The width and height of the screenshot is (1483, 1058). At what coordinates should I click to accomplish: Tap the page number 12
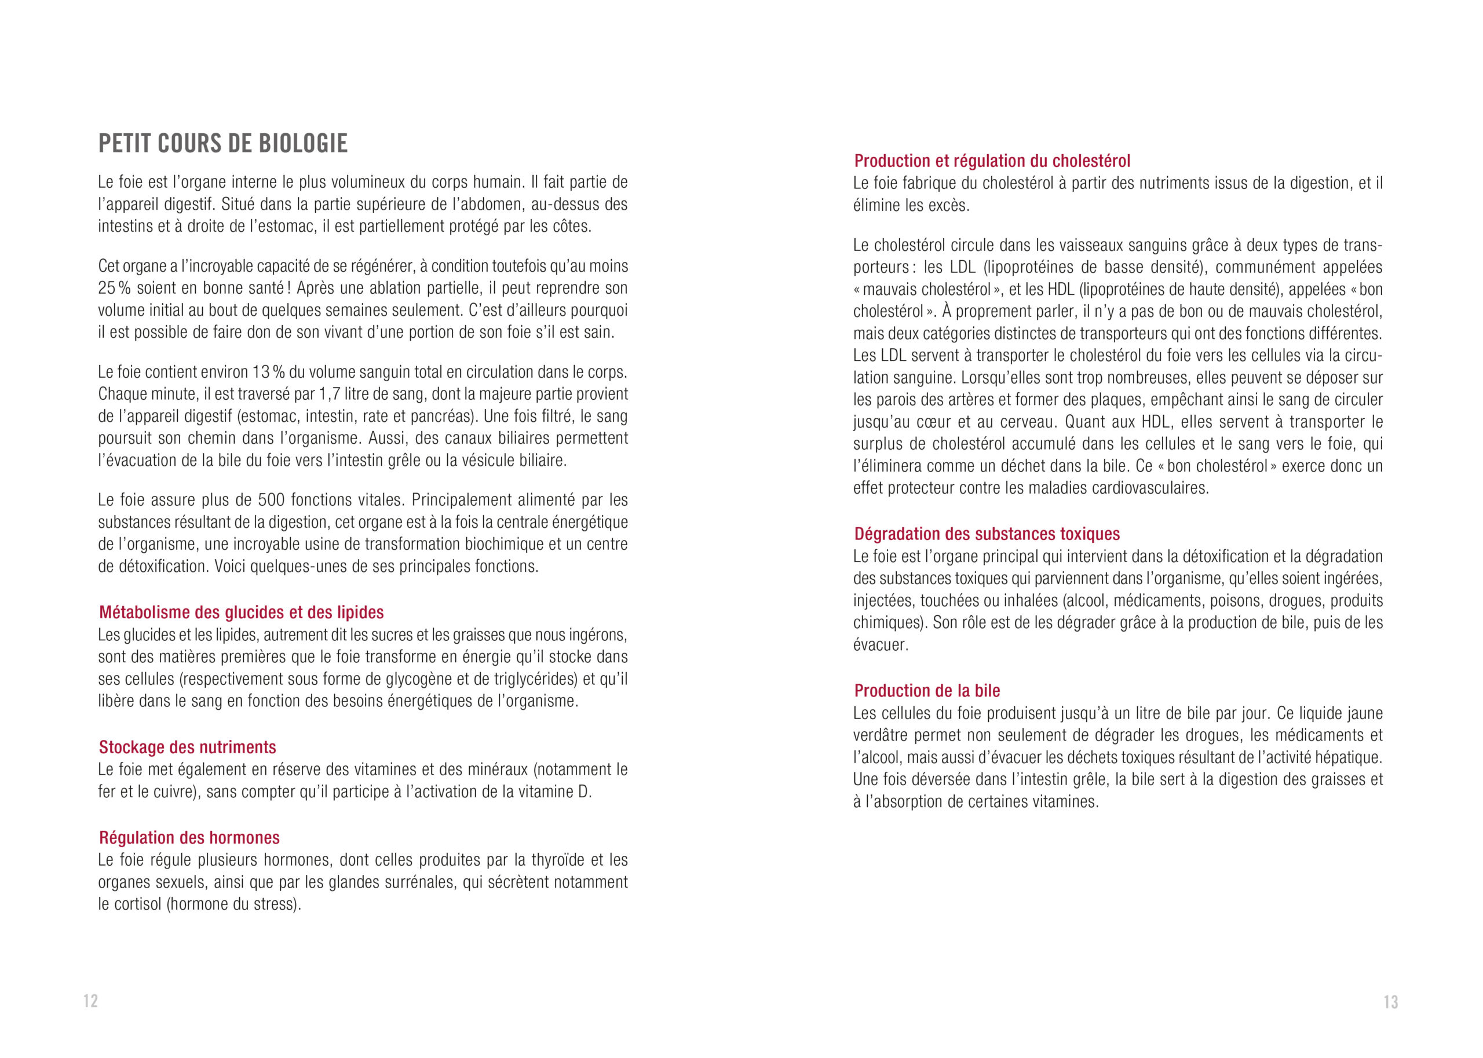(x=90, y=1001)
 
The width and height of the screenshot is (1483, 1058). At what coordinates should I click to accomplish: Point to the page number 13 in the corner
(x=1390, y=1002)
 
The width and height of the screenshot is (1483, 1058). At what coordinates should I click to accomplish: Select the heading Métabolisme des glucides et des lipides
(x=241, y=612)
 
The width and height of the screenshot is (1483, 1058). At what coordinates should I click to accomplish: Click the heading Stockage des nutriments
(x=188, y=747)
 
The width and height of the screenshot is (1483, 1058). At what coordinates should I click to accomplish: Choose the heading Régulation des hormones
(x=189, y=838)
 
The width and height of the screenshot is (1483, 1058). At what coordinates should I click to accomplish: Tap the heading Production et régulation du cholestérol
(x=992, y=161)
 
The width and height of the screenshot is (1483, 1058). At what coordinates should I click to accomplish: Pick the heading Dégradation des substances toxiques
(x=987, y=534)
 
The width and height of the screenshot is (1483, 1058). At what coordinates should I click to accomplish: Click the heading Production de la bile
(x=927, y=691)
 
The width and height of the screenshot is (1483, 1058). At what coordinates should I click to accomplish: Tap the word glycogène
(x=410, y=679)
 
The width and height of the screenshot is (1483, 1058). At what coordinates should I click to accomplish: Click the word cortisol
(x=136, y=904)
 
